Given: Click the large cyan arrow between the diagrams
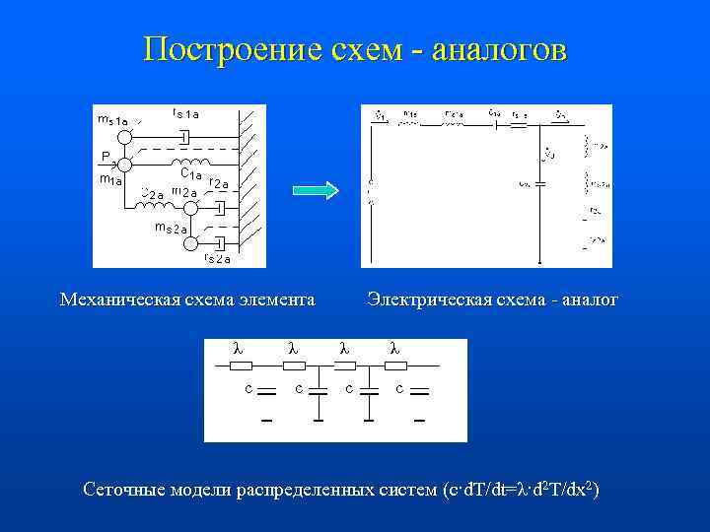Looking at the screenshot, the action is point(316,189).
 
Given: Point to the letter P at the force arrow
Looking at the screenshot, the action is point(104,156).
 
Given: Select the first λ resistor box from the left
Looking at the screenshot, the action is point(241,366).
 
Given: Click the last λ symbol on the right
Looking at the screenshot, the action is point(394,347).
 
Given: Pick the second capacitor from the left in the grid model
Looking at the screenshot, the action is point(318,391).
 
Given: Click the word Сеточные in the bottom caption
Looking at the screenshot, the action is point(124,489).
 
